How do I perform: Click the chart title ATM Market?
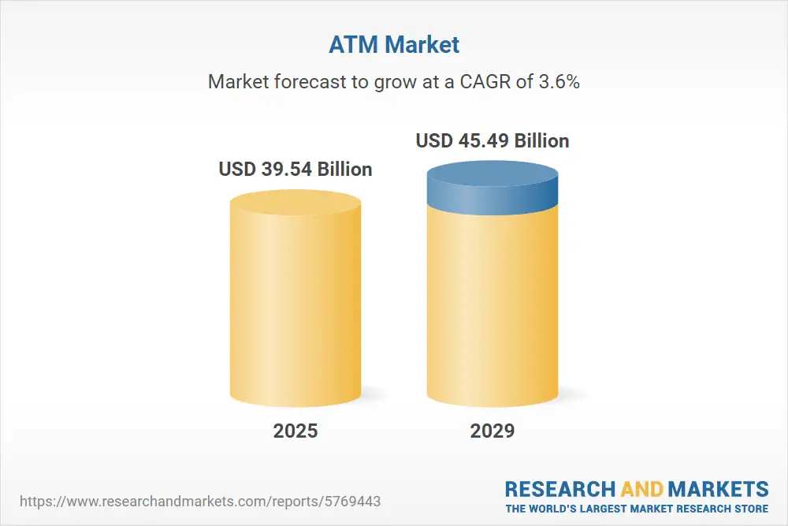(x=393, y=45)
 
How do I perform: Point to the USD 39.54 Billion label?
(x=295, y=170)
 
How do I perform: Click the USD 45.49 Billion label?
(x=492, y=141)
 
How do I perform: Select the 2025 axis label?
(x=295, y=431)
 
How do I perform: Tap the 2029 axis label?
(x=492, y=431)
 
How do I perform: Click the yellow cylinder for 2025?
(x=295, y=308)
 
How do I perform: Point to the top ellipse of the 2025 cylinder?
(x=295, y=202)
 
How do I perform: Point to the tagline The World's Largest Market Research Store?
(x=637, y=508)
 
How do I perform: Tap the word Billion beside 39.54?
(x=344, y=170)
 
